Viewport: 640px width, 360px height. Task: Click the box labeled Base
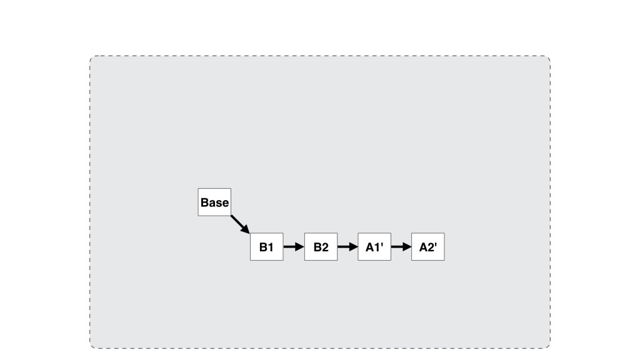pyautogui.click(x=214, y=202)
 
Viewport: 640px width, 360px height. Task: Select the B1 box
pyautogui.click(x=266, y=247)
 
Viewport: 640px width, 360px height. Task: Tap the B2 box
pyautogui.click(x=321, y=247)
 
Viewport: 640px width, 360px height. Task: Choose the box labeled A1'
pyautogui.click(x=374, y=247)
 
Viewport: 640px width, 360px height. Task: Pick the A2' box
pyautogui.click(x=428, y=247)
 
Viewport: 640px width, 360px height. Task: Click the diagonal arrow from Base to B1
pyautogui.click(x=239, y=224)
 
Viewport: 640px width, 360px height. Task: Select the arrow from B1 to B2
pyautogui.click(x=293, y=247)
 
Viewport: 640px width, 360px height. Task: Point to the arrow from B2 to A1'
pyautogui.click(x=347, y=247)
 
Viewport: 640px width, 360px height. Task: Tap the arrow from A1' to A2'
pyautogui.click(x=401, y=247)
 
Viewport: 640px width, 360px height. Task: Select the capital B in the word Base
pyautogui.click(x=204, y=203)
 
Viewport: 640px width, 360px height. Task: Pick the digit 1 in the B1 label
pyautogui.click(x=270, y=247)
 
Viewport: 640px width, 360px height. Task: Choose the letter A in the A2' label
pyautogui.click(x=423, y=247)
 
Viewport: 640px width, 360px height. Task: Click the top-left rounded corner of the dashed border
pyautogui.click(x=92, y=59)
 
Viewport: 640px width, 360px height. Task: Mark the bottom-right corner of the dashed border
pyautogui.click(x=547, y=345)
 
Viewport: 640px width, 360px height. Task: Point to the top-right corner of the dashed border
pyautogui.click(x=547, y=59)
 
